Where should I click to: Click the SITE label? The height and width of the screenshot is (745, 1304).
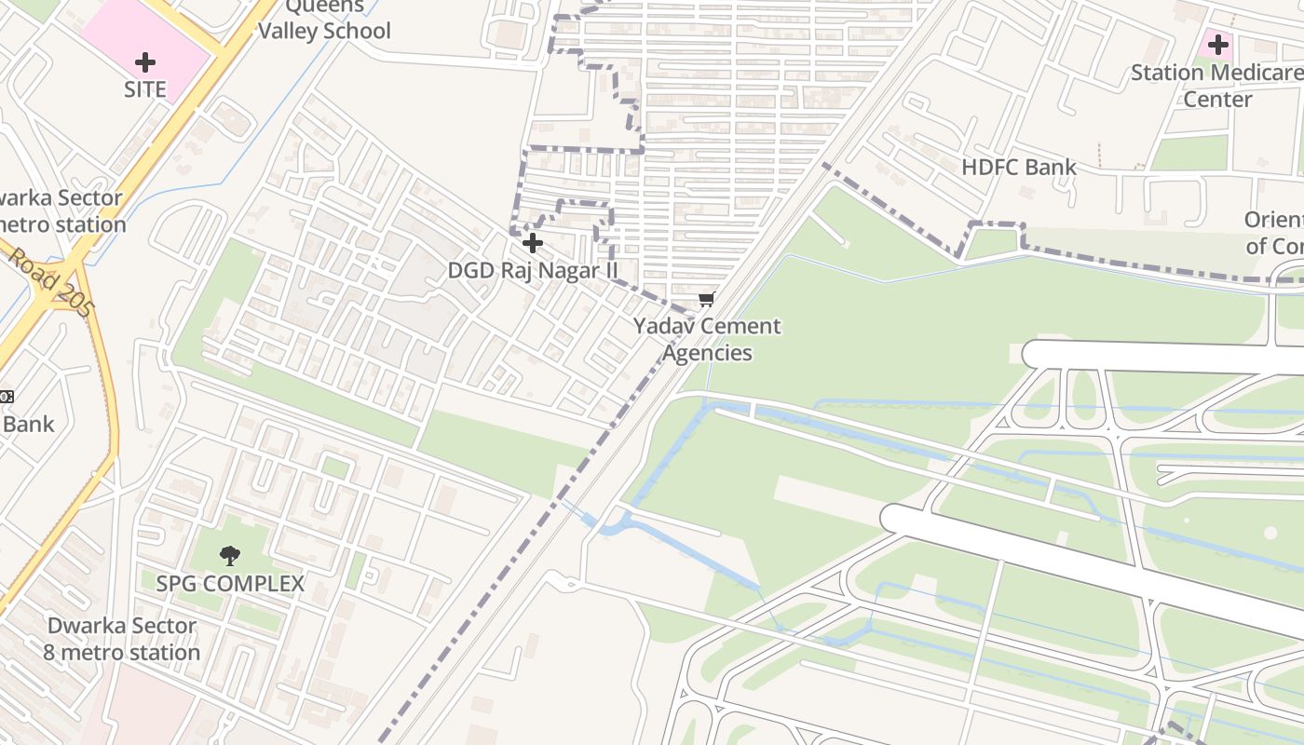(145, 89)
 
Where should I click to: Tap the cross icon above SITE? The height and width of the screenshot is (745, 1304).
(145, 62)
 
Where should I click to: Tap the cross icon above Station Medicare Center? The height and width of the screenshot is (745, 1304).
(1217, 44)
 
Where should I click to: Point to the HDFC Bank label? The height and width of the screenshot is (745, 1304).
(1018, 167)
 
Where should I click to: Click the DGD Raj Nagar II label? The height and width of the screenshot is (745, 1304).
(533, 270)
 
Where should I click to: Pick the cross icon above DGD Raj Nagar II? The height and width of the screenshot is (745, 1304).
(533, 243)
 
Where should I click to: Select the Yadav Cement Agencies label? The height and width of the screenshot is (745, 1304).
(707, 339)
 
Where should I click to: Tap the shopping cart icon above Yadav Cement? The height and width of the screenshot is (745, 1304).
(707, 299)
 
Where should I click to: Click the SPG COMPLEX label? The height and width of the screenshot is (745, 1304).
(229, 584)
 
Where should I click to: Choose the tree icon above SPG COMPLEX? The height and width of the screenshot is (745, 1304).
(229, 556)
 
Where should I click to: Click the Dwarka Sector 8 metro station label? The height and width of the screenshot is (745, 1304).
(122, 639)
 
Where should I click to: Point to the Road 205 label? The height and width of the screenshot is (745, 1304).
(51, 281)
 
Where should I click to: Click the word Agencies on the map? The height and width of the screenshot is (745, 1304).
(707, 353)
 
